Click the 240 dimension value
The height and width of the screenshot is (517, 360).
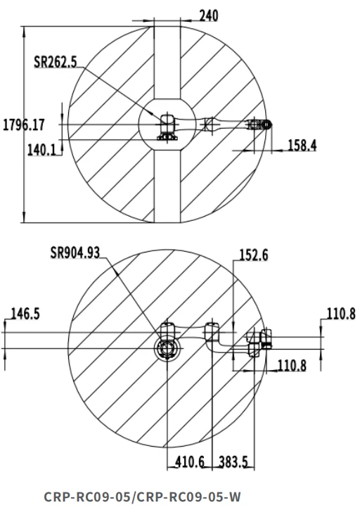pos(209,15)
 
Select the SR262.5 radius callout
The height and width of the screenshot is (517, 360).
pos(56,62)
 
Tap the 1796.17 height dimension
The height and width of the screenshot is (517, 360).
pos(24,125)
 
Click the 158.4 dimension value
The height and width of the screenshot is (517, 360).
pos(302,145)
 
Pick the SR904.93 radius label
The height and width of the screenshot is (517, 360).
pos(75,253)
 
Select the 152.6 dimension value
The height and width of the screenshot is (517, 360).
pos(254,255)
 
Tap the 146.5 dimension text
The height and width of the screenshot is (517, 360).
pos(25,314)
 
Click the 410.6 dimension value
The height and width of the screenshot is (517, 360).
pos(190,462)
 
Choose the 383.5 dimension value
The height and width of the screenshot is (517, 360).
pos(233,462)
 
